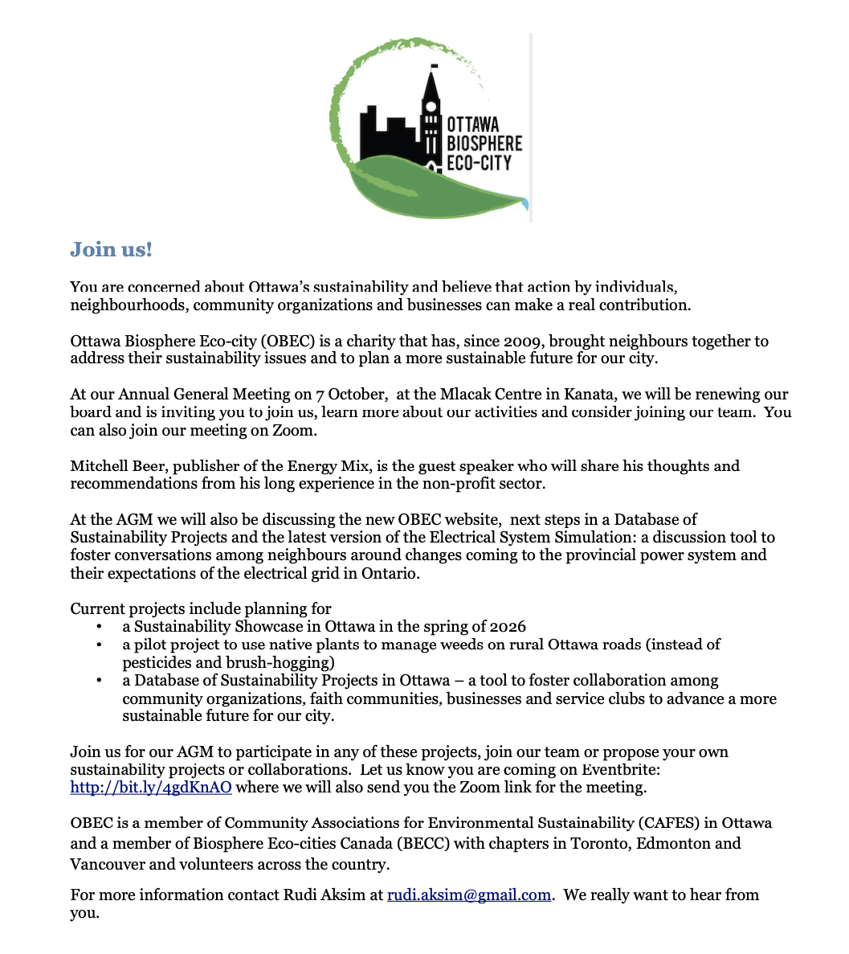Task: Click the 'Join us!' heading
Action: click(x=111, y=249)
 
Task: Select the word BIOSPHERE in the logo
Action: click(x=484, y=143)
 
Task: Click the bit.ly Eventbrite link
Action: click(x=151, y=788)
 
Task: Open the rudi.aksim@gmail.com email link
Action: click(x=469, y=895)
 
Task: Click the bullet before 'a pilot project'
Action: click(x=99, y=645)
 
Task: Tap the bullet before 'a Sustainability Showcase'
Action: click(x=99, y=626)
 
